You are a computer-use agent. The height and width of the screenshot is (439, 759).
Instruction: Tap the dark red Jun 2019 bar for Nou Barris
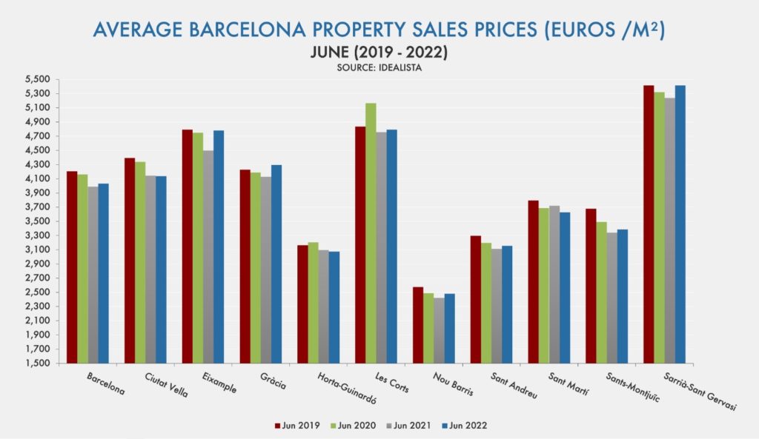[418, 325]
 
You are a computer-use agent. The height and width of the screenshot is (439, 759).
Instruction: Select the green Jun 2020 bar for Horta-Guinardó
[313, 303]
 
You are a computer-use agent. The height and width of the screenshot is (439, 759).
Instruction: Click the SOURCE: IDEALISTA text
[379, 67]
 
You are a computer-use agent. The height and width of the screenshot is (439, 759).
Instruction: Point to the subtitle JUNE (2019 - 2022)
[379, 53]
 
